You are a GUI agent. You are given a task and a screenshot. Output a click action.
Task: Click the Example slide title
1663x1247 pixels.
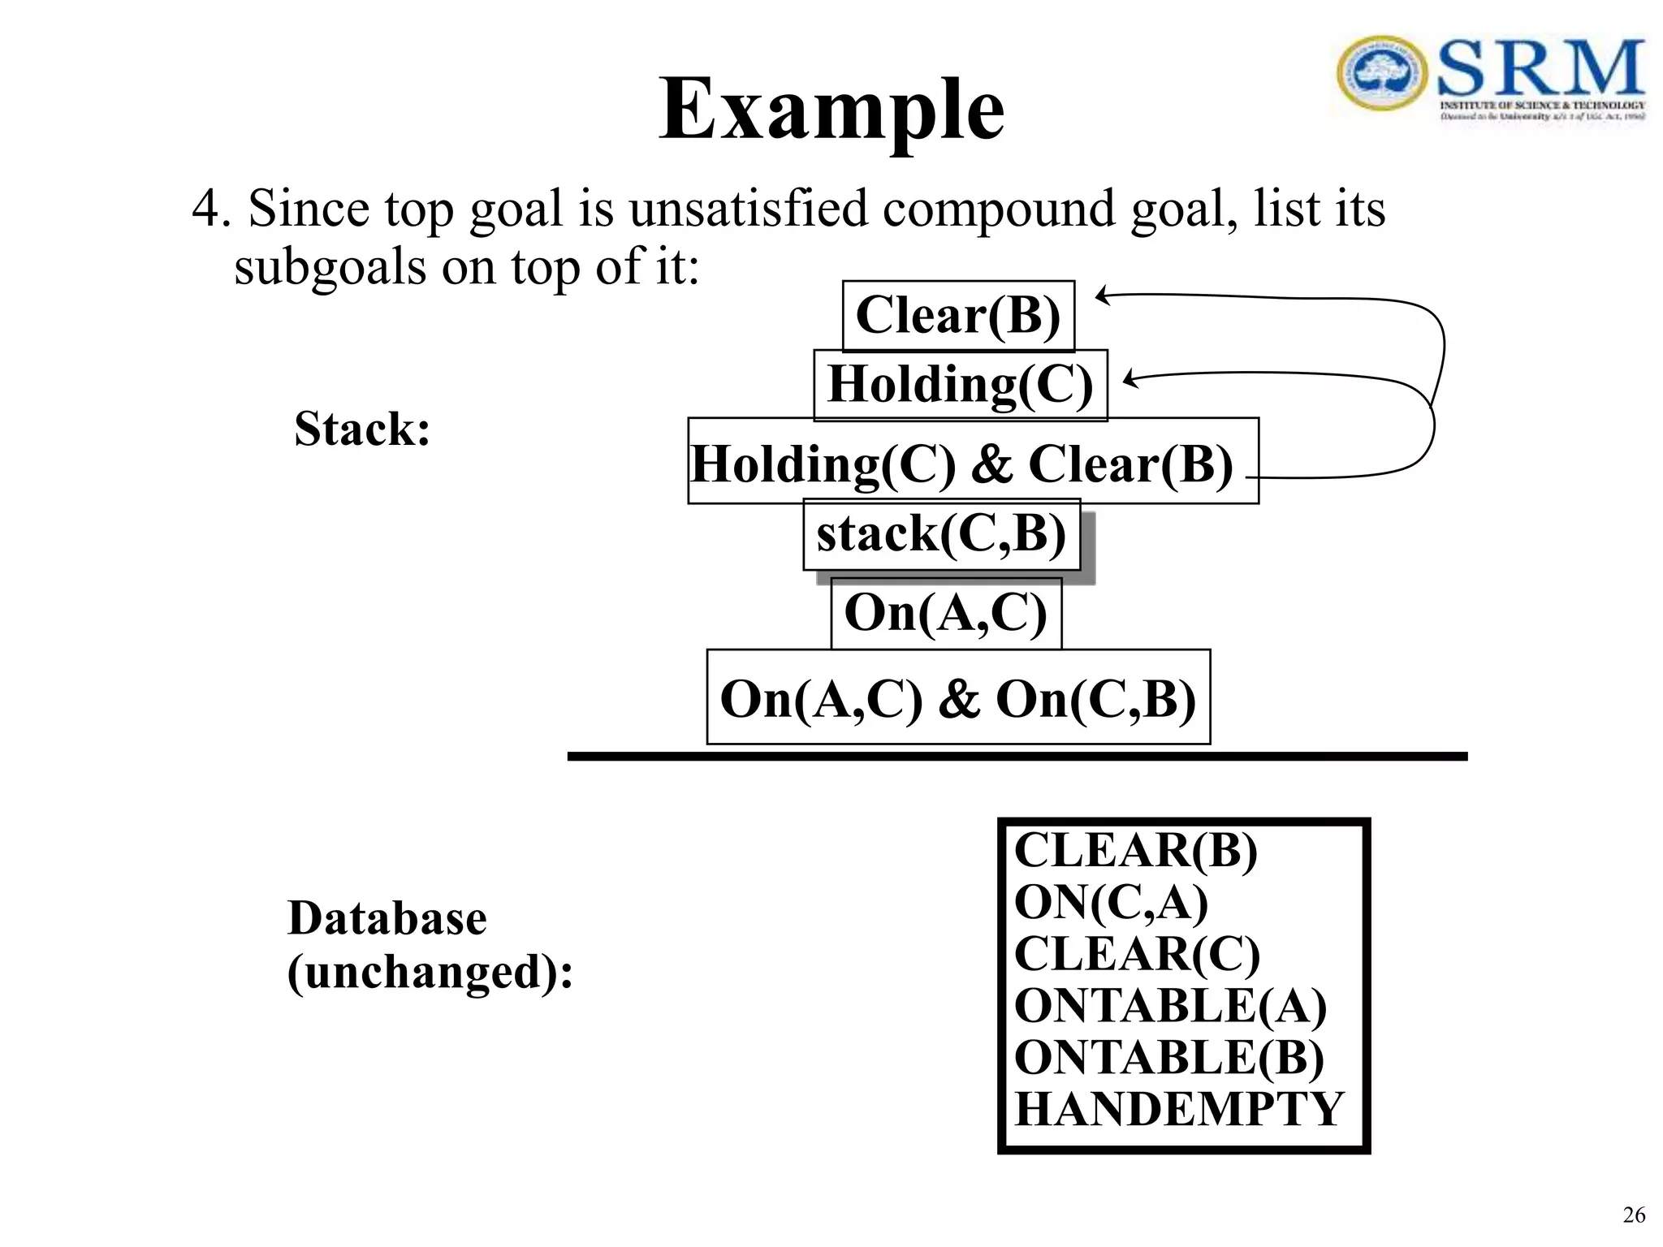(831, 110)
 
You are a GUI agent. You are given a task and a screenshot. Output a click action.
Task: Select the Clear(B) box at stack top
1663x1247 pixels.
(958, 316)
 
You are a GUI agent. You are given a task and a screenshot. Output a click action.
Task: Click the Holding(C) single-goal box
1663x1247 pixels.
(960, 385)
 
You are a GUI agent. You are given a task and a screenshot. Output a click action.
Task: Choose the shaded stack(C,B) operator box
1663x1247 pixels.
(941, 534)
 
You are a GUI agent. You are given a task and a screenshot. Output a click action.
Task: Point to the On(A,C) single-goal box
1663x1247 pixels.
(946, 613)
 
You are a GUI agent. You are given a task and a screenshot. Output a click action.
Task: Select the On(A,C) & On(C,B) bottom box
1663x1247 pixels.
(958, 697)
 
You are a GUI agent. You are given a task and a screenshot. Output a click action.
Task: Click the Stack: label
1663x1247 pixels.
(362, 429)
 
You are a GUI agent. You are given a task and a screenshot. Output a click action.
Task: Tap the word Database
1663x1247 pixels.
(387, 918)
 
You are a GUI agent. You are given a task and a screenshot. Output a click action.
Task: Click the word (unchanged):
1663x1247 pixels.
(430, 971)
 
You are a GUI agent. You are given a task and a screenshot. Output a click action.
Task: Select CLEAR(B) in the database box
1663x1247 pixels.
(1135, 851)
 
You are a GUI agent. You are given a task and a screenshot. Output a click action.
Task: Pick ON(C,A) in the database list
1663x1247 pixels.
(1110, 902)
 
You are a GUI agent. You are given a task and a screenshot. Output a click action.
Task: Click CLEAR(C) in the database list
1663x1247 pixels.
(1137, 953)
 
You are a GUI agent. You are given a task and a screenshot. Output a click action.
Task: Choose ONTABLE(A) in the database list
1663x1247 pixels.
(1170, 1006)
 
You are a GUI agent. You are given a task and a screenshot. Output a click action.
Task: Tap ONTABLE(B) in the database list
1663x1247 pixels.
(1169, 1058)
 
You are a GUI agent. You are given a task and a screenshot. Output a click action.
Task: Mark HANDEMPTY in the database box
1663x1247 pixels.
(1179, 1109)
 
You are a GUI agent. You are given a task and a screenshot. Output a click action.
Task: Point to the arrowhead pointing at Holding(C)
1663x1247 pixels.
(1130, 378)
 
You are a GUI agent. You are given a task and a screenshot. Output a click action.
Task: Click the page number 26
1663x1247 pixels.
(1634, 1215)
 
